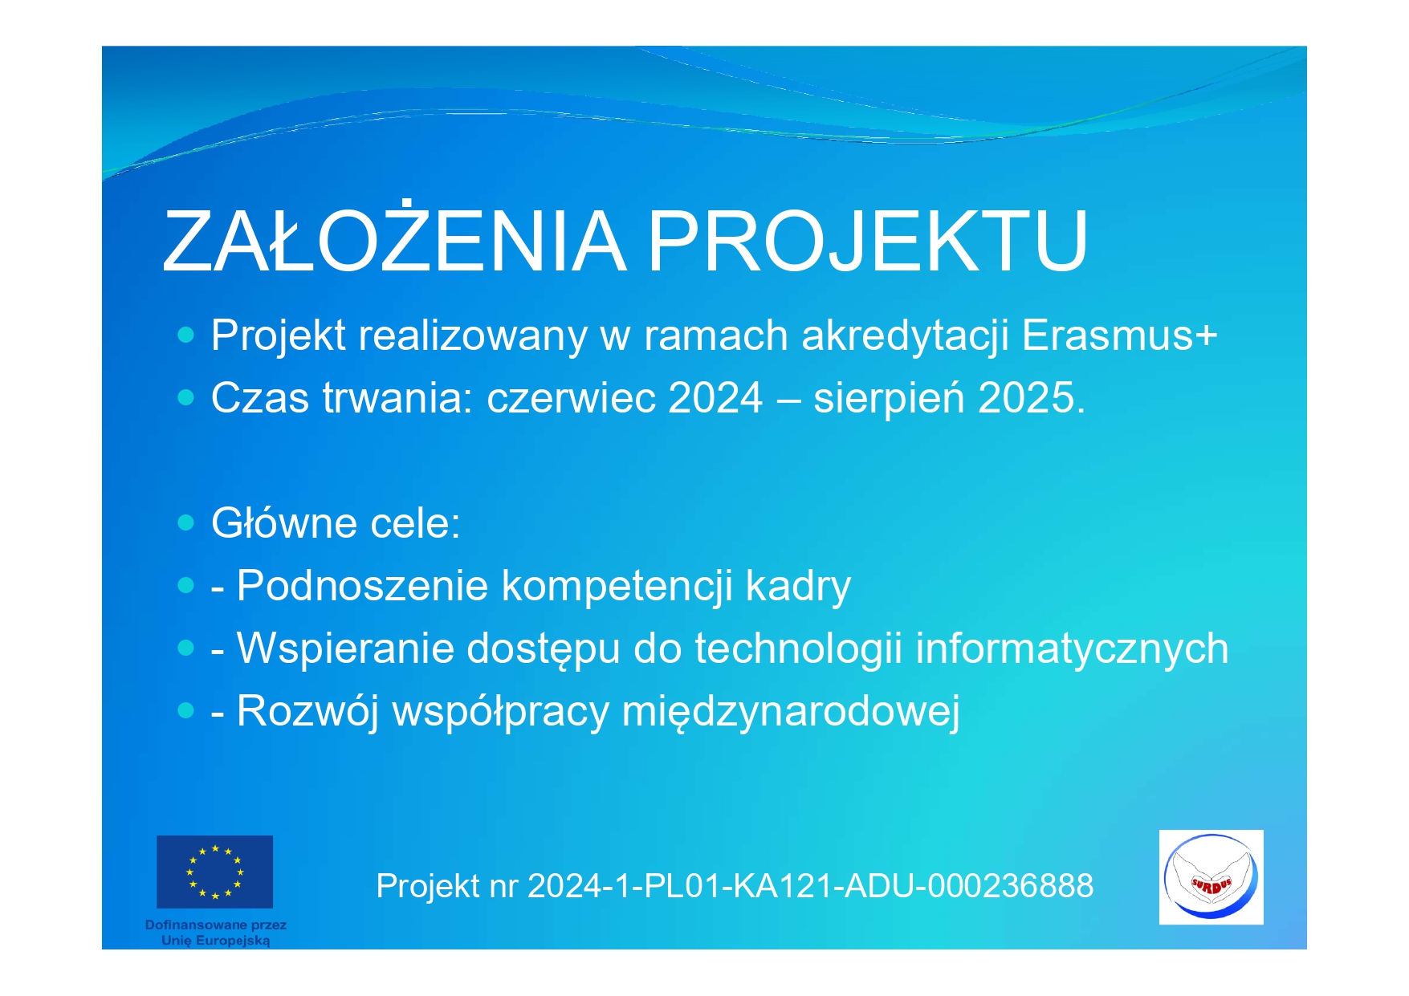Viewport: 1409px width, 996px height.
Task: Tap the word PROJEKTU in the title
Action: click(x=868, y=241)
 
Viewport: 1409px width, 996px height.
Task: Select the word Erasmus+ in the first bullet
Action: click(x=1120, y=335)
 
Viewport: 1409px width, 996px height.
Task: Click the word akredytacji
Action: click(x=905, y=336)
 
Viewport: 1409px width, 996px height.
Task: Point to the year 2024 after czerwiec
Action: click(x=715, y=397)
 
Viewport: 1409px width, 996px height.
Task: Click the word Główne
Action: click(x=284, y=522)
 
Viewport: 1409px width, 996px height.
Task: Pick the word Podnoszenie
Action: click(x=362, y=585)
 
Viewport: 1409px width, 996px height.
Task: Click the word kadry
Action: click(x=798, y=587)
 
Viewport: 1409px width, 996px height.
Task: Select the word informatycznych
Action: click(x=1072, y=649)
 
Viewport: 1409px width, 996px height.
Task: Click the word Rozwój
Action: click(x=307, y=712)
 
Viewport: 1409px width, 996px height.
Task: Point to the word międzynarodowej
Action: click(x=791, y=712)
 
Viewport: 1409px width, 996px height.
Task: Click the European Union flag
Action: click(x=214, y=872)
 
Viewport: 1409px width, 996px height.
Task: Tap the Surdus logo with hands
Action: click(x=1211, y=877)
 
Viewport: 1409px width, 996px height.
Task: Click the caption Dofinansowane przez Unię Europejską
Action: click(x=216, y=933)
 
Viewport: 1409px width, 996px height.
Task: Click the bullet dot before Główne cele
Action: click(x=186, y=523)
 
